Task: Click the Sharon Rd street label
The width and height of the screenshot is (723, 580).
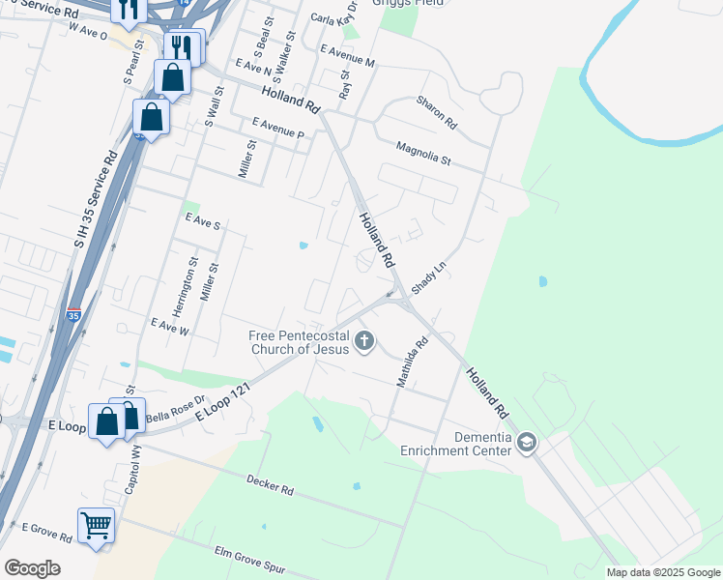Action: click(436, 113)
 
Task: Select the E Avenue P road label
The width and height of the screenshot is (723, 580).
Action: click(277, 126)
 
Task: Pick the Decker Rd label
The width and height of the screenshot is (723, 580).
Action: click(270, 484)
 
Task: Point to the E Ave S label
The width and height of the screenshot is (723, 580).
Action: click(203, 223)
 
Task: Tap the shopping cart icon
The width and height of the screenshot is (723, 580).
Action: click(96, 526)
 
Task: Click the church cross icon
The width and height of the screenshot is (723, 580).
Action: click(364, 339)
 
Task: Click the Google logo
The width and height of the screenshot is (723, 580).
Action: click(32, 567)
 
